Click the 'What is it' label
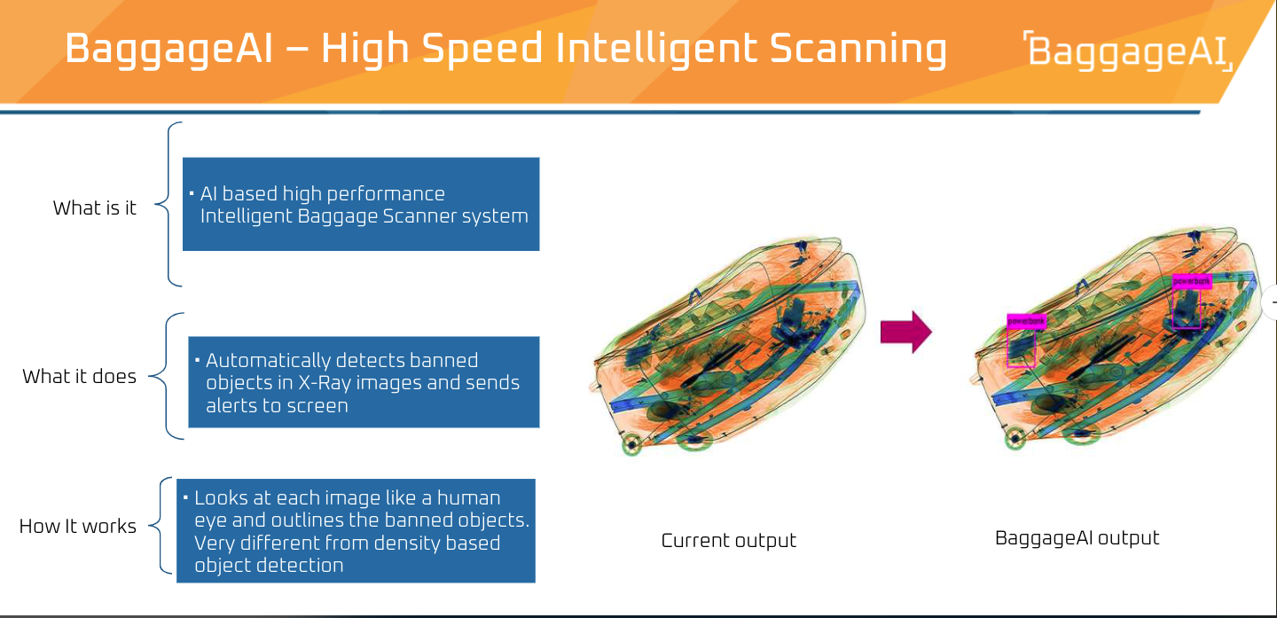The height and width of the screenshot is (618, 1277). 95,208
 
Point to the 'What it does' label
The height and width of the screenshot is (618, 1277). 80,377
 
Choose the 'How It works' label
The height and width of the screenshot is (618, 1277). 78,527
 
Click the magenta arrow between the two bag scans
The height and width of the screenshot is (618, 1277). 905,332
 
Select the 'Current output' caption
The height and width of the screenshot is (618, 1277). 729,541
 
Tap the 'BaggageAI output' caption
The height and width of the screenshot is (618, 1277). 1077,538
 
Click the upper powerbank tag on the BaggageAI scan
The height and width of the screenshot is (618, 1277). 1191,281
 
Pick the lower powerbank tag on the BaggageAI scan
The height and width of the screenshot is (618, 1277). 1026,321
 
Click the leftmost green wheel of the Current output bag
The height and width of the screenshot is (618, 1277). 631,444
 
